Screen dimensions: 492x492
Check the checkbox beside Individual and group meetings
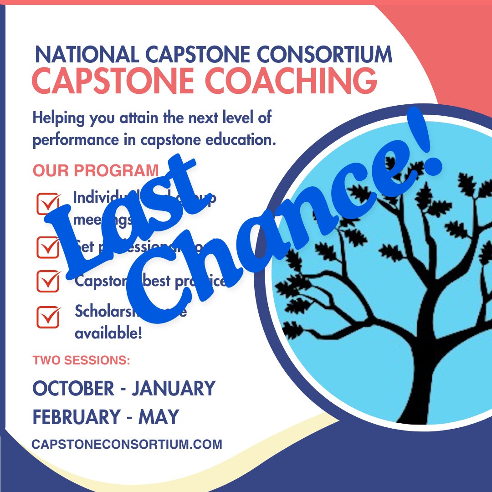[x=48, y=204]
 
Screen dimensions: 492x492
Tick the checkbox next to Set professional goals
[x=48, y=246]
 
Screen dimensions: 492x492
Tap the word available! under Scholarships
[x=108, y=333]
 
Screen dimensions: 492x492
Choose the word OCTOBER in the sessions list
[x=73, y=389]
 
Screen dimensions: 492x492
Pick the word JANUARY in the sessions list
[x=174, y=389]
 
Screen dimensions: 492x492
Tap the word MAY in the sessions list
[x=159, y=417]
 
